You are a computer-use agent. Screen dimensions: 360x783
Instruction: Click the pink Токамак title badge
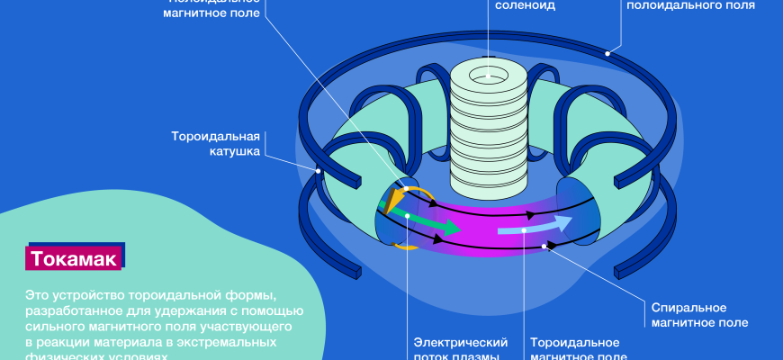click(74, 259)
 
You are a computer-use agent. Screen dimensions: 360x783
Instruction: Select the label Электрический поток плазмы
click(461, 350)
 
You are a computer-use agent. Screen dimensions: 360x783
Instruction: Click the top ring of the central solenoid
click(489, 73)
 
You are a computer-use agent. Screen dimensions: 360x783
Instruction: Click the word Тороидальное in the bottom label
click(574, 343)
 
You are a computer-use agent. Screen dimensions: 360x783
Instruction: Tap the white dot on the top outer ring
click(607, 54)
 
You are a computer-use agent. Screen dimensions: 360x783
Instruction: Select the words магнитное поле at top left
click(215, 13)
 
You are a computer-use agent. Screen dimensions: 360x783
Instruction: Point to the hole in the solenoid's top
click(489, 71)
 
